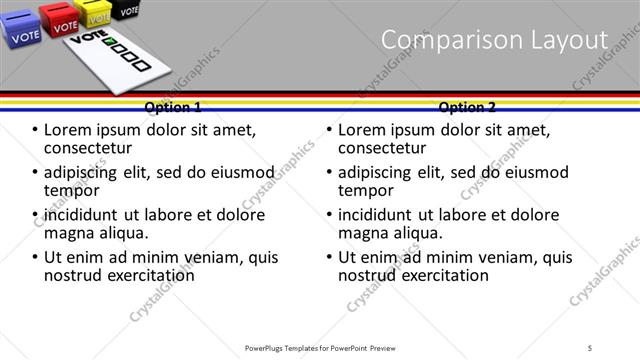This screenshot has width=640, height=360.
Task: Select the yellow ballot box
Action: (x=97, y=13)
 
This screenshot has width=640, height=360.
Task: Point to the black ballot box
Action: (x=127, y=10)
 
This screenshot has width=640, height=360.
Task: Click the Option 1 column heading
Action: (x=173, y=107)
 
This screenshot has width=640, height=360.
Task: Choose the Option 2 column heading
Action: (x=467, y=107)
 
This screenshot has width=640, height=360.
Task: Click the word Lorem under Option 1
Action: (x=69, y=130)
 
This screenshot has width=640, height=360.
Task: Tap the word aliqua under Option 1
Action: (x=121, y=233)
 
